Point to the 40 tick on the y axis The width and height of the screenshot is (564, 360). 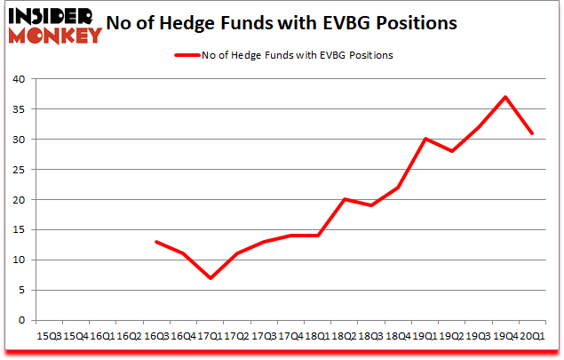click(x=20, y=79)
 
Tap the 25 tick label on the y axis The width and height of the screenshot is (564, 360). click(x=20, y=170)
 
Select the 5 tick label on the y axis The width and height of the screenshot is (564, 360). click(x=23, y=291)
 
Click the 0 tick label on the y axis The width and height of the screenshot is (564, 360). click(x=23, y=321)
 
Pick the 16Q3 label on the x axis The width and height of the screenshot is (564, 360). click(x=157, y=336)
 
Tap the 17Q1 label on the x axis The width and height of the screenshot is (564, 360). click(x=209, y=336)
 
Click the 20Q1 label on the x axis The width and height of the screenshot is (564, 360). click(x=532, y=336)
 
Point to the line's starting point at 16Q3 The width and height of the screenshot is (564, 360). click(x=157, y=242)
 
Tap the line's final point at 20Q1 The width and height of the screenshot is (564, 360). click(x=532, y=133)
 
